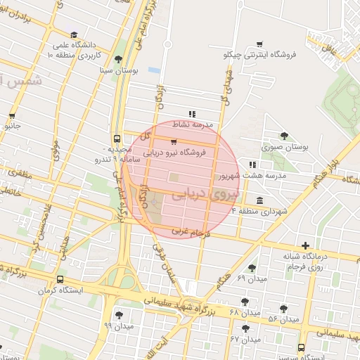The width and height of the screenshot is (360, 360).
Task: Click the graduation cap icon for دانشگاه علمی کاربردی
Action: [x=75, y=34]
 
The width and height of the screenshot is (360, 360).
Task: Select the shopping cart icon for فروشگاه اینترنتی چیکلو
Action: [x=259, y=44]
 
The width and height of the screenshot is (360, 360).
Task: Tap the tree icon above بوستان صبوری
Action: [x=284, y=136]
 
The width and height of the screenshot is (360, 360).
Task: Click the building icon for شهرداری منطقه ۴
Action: [x=260, y=200]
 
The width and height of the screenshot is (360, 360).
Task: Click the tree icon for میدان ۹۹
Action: [x=118, y=314]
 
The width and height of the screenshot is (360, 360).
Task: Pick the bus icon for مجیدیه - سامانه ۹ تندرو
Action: [x=117, y=139]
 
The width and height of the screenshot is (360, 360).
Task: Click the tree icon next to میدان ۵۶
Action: [x=284, y=309]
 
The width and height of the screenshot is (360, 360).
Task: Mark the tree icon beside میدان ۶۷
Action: [x=245, y=328]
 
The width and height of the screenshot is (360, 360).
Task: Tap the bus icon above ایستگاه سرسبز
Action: [x=302, y=347]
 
